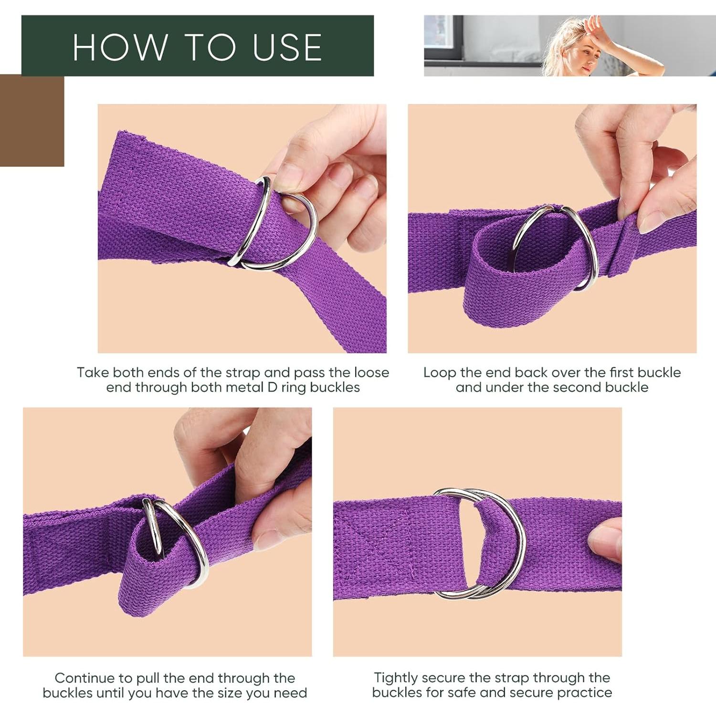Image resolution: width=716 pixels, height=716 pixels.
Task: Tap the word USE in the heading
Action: (x=287, y=47)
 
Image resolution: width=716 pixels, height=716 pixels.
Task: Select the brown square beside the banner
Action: (x=32, y=120)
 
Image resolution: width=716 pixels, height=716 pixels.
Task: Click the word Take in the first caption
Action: (x=93, y=372)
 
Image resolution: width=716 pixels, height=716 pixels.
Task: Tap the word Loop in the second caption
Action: (x=440, y=372)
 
